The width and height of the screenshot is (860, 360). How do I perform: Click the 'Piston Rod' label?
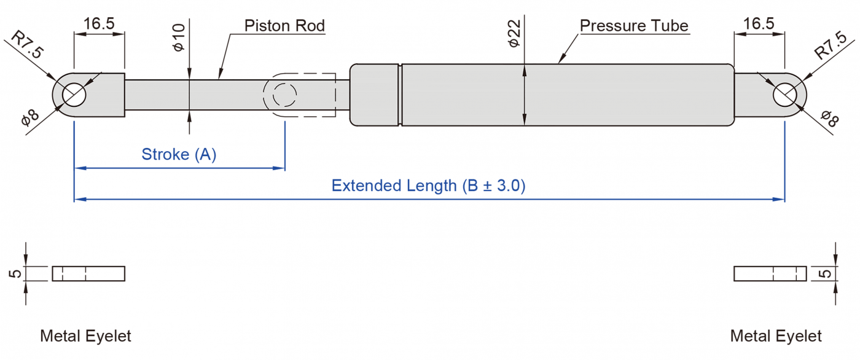pyautogui.click(x=284, y=26)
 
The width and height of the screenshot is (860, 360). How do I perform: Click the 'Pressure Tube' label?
pyautogui.click(x=633, y=26)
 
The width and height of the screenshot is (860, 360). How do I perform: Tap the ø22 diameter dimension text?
pyautogui.click(x=514, y=34)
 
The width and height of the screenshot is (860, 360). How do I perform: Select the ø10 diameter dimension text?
pyautogui.click(x=179, y=38)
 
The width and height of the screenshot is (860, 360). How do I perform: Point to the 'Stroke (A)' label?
pyautogui.click(x=179, y=154)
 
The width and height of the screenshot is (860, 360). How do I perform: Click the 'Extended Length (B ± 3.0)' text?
pyautogui.click(x=428, y=186)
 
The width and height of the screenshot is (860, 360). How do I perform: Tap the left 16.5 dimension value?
pyautogui.click(x=99, y=24)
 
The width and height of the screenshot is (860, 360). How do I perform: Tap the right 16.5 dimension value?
pyautogui.click(x=759, y=24)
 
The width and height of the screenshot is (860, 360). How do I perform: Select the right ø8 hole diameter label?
pyautogui.click(x=829, y=118)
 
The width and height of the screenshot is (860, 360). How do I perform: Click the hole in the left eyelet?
pyautogui.click(x=74, y=95)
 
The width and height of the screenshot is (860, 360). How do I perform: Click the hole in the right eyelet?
pyautogui.click(x=784, y=95)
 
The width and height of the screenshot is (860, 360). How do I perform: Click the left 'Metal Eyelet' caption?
pyautogui.click(x=85, y=336)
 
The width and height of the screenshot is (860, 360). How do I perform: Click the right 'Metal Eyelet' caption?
pyautogui.click(x=775, y=336)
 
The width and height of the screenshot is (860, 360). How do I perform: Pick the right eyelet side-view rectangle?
pyautogui.click(x=770, y=273)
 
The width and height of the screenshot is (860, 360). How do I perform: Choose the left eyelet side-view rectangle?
pyautogui.click(x=88, y=273)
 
